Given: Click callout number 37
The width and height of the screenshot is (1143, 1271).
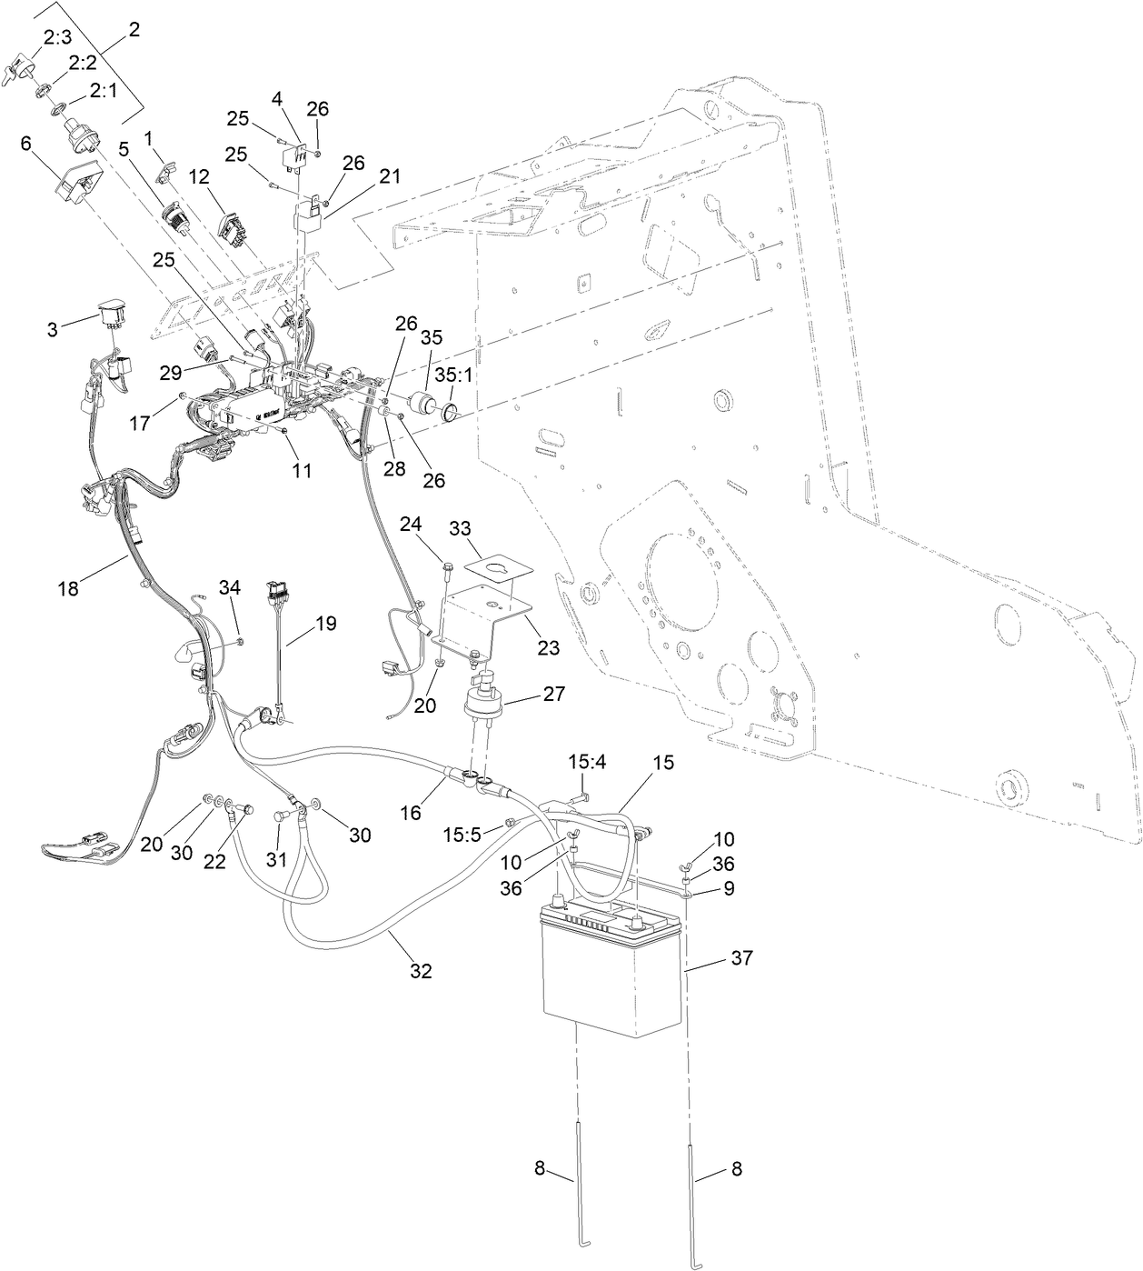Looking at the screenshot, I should click(741, 958).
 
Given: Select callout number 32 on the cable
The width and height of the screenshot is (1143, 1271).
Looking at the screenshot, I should click(420, 971).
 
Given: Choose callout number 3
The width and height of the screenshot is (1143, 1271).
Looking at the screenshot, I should click(53, 328).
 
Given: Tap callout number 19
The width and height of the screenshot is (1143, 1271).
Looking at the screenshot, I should click(325, 623).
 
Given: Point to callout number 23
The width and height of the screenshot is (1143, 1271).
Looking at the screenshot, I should click(548, 648).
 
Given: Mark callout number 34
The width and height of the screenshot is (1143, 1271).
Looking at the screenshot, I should click(230, 587).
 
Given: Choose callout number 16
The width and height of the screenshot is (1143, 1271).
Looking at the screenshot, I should click(412, 812).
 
